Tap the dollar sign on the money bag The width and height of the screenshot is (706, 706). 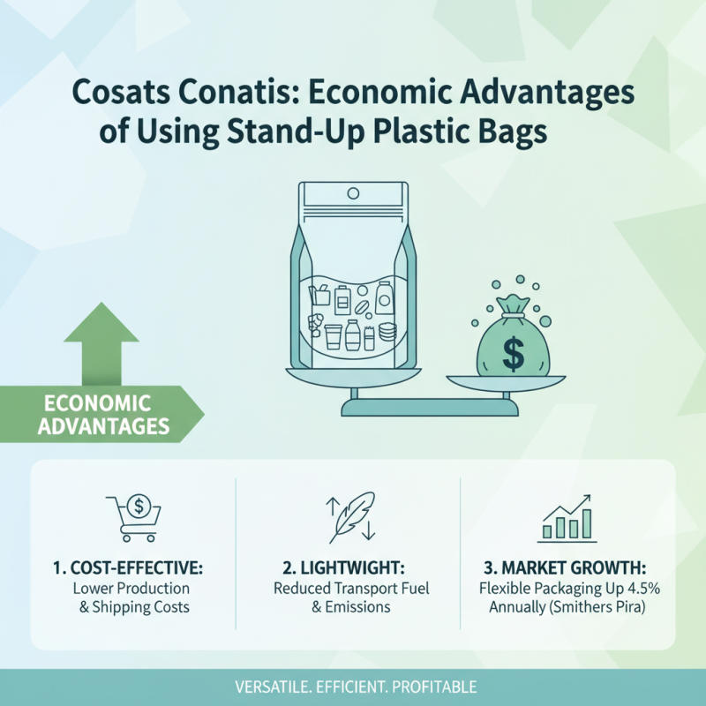click(x=511, y=353)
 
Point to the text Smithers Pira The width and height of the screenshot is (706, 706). click(x=600, y=607)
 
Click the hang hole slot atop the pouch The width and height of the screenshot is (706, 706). click(x=352, y=192)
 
